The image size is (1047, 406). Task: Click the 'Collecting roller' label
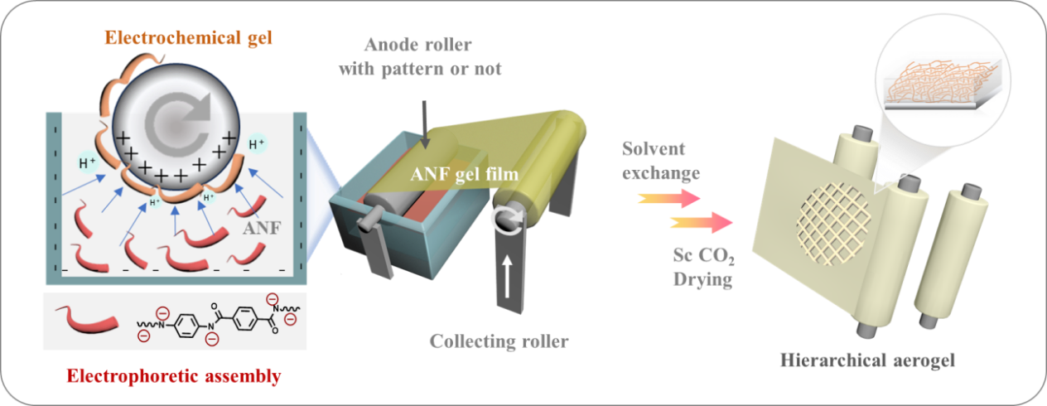499,341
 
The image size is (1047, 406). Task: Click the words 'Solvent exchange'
660,161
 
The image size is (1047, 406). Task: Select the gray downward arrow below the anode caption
424,125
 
